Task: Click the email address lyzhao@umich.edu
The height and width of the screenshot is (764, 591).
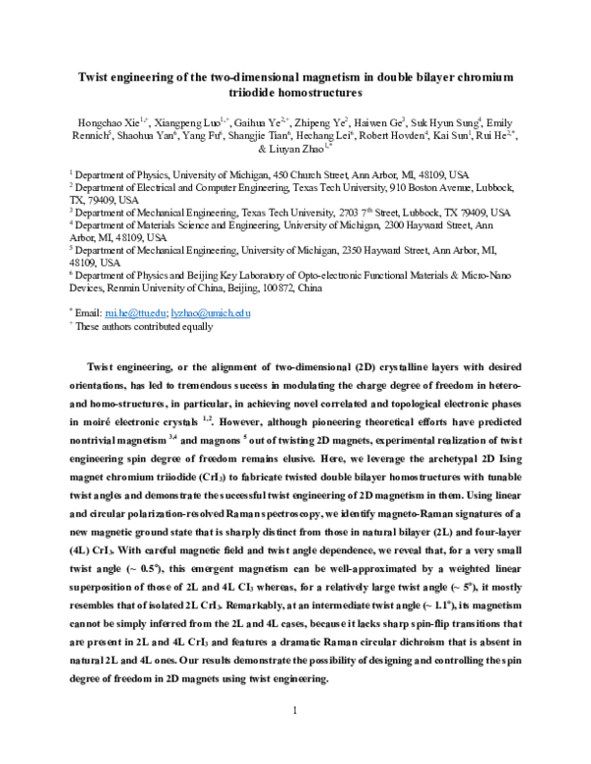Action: pos(210,312)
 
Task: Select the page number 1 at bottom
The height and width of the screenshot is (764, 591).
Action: pos(295,736)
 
